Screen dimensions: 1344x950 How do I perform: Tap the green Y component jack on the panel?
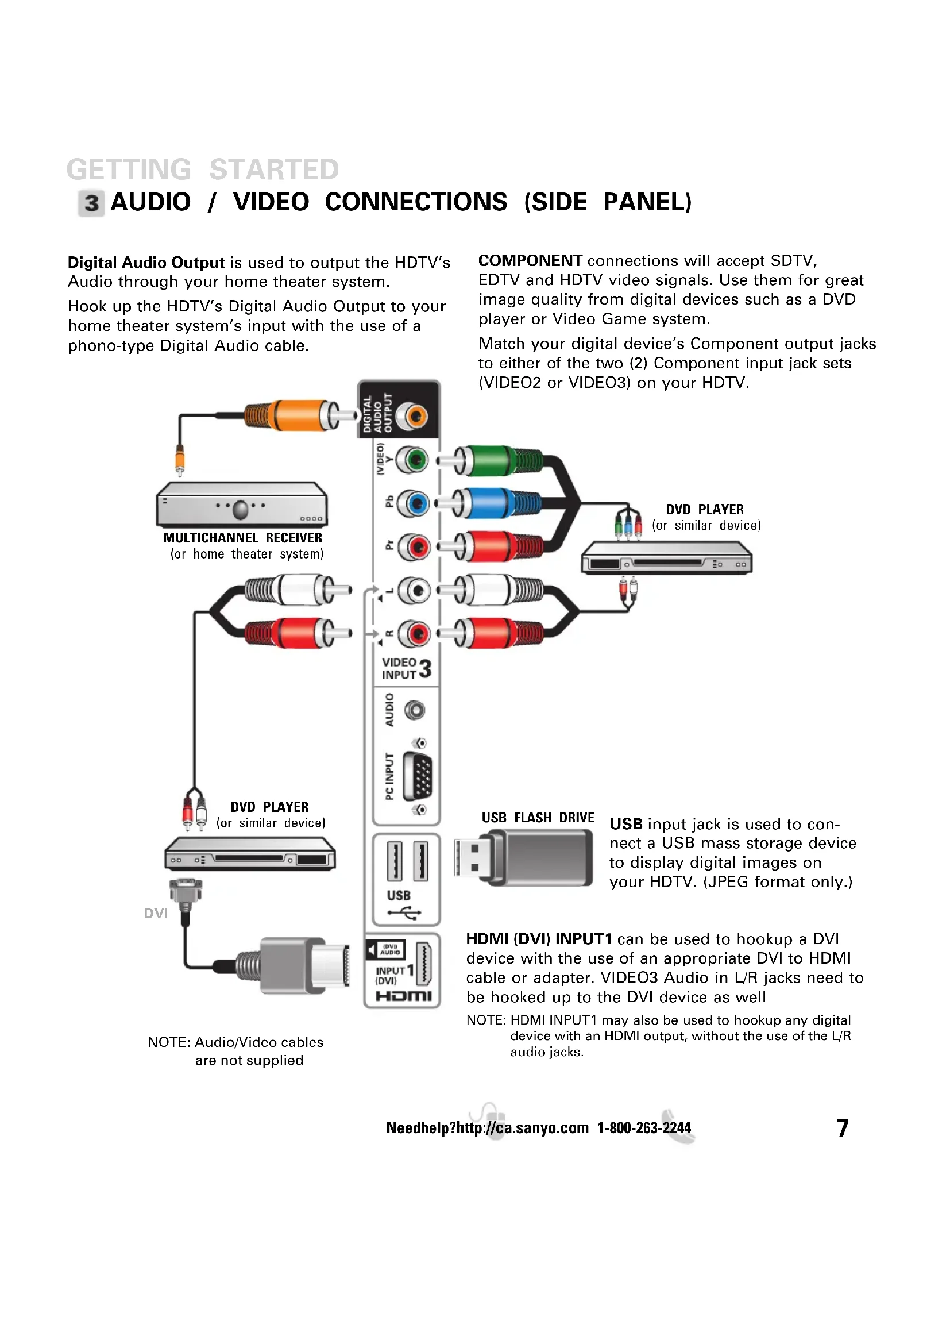pos(415,460)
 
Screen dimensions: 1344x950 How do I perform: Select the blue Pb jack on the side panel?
pos(415,503)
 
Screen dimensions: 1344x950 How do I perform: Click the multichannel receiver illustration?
pos(242,505)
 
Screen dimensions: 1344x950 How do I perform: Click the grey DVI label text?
pos(156,914)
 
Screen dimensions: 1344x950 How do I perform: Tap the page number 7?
pos(842,1128)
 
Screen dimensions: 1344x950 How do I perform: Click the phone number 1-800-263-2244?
pos(643,1128)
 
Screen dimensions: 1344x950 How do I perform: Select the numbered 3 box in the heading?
pos(91,203)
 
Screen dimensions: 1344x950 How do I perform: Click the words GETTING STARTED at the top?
pos(202,170)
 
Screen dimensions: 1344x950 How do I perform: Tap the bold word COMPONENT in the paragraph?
pos(530,261)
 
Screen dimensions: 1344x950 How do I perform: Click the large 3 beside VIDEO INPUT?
pos(425,668)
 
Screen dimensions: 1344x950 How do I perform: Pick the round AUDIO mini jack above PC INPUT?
pos(415,711)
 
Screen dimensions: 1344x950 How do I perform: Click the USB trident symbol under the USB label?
pos(404,913)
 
